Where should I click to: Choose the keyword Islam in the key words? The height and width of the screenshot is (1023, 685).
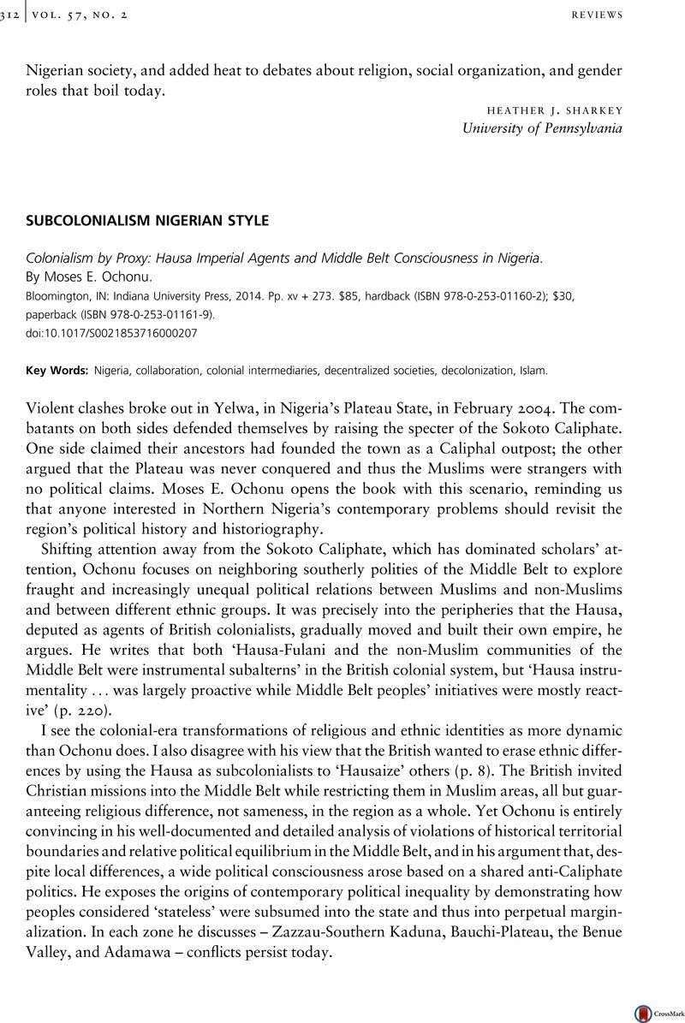(532, 372)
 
